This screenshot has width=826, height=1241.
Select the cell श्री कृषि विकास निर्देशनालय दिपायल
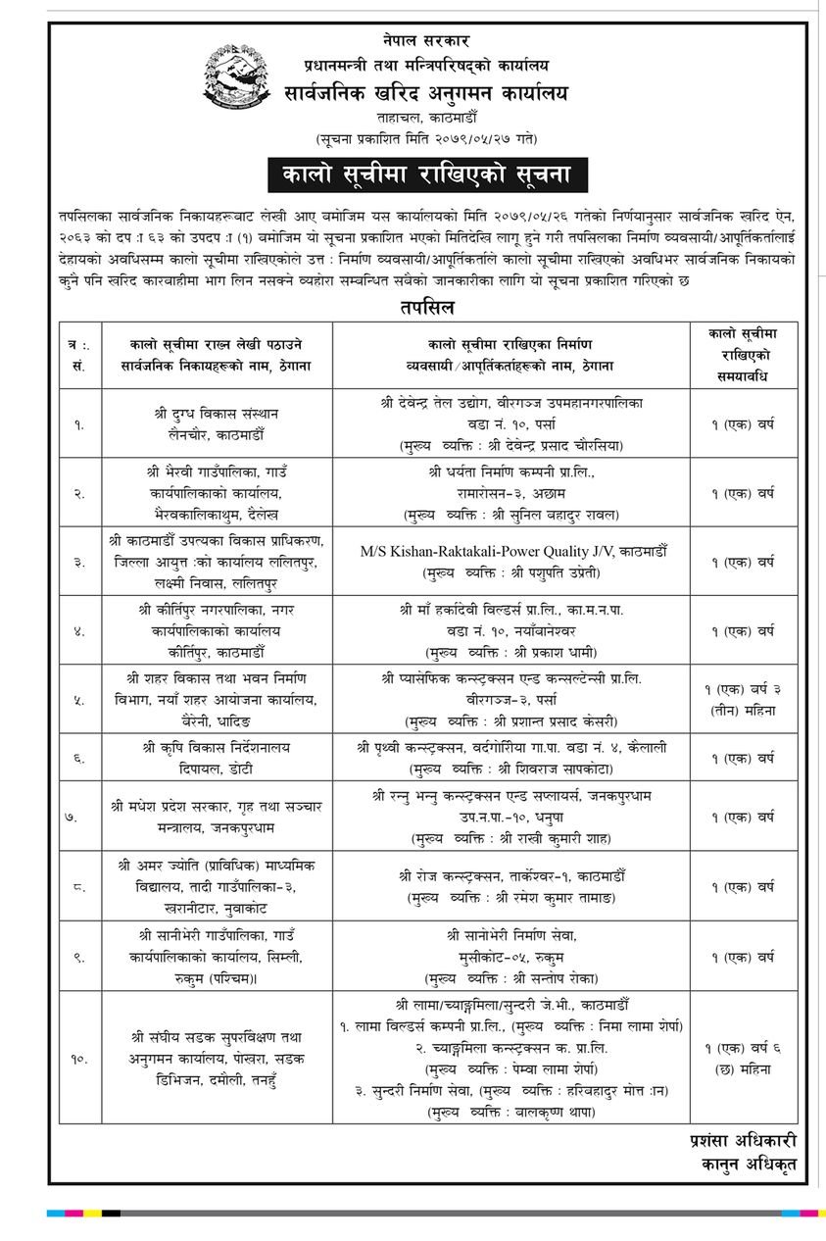click(217, 757)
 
